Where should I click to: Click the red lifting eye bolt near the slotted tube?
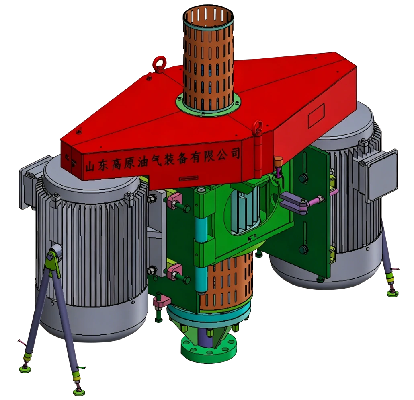point(159,64)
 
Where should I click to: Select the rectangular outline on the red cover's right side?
point(316,116)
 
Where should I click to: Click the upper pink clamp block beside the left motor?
point(175,200)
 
